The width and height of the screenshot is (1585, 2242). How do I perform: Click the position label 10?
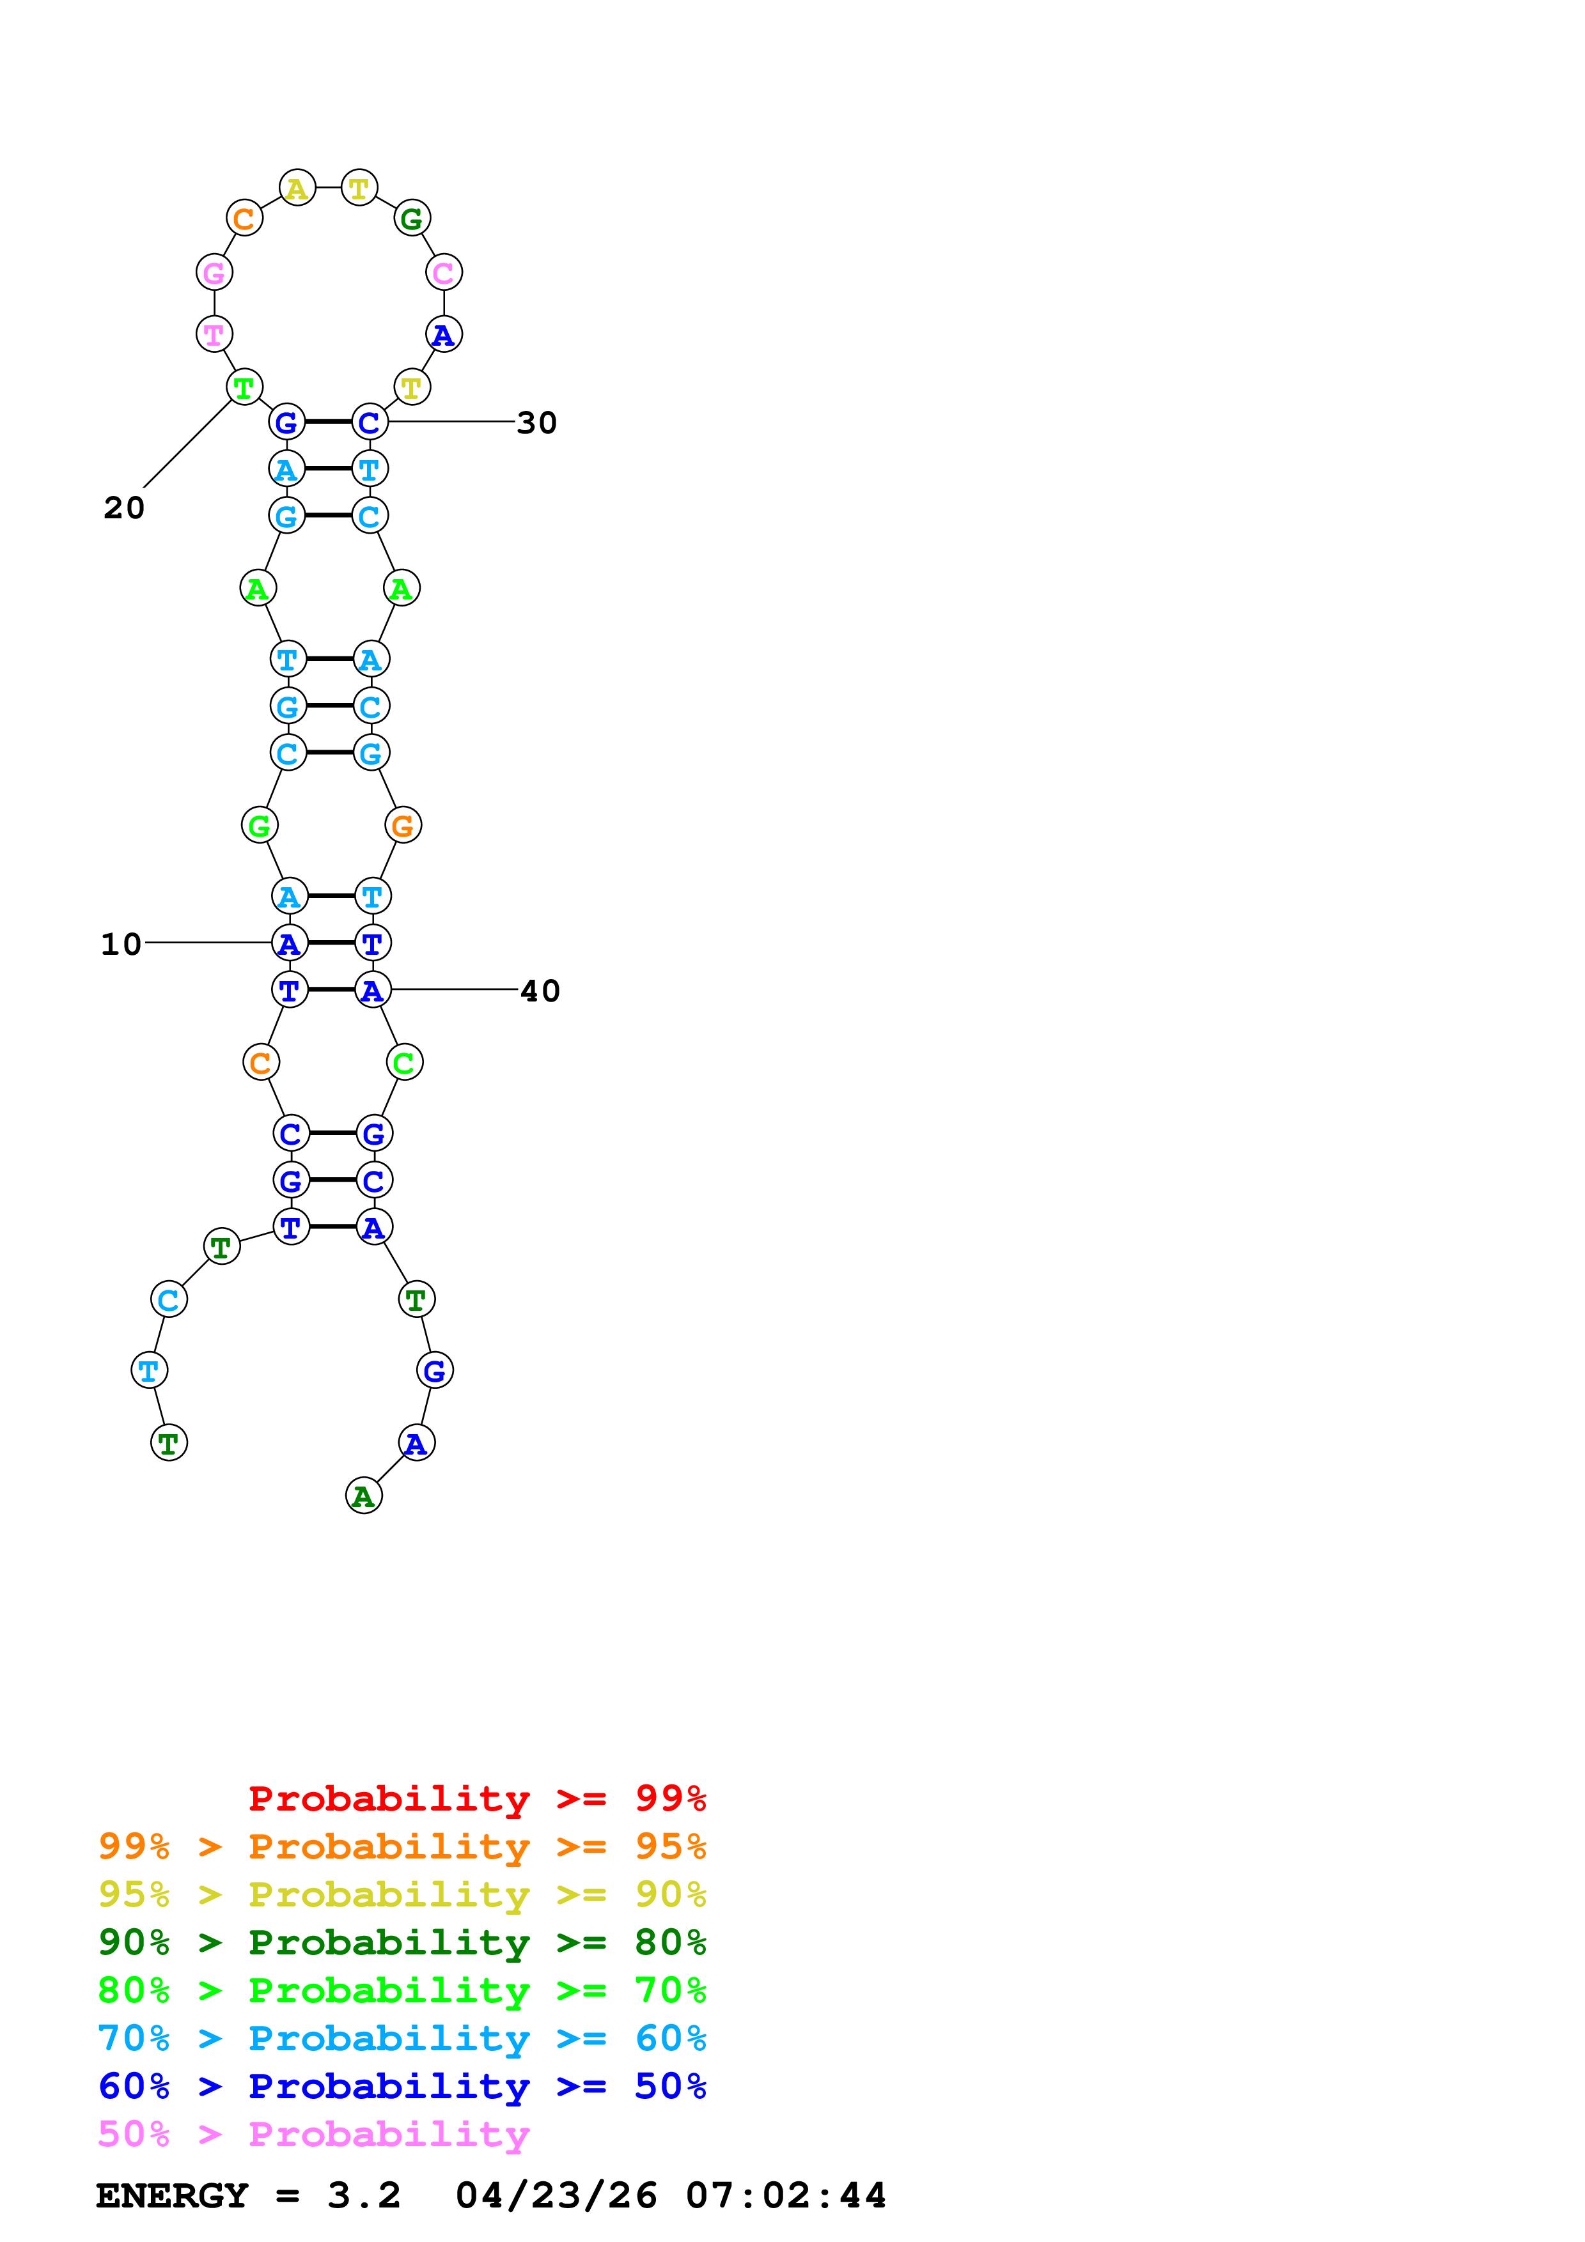coord(121,944)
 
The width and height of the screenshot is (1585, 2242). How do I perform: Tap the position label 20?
coord(124,507)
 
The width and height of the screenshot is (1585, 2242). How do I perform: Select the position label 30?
coord(536,423)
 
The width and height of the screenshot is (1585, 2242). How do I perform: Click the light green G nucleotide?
coord(259,826)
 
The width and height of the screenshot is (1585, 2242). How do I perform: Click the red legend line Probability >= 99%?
coord(476,1798)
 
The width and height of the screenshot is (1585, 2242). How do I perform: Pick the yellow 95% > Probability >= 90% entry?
coord(402,1894)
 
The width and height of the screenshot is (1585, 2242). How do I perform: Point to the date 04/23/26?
coord(556,2195)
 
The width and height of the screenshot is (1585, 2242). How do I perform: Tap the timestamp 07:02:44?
coord(785,2195)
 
